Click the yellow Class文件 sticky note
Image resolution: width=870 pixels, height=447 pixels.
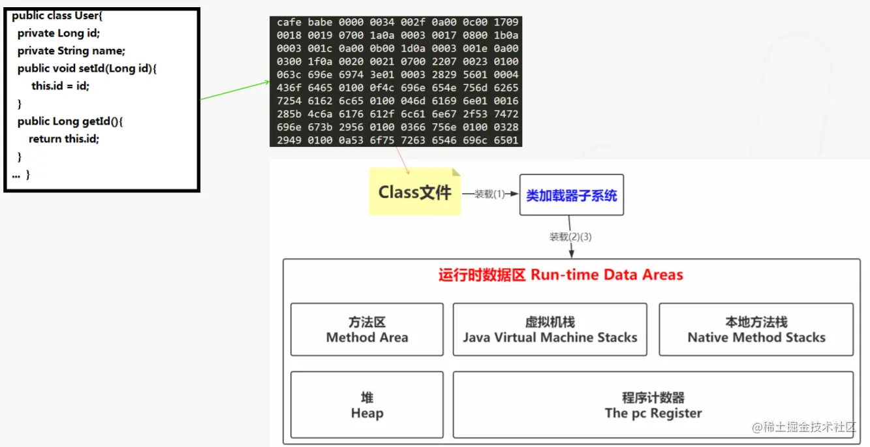[x=414, y=192]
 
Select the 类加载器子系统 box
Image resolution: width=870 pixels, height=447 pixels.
[x=571, y=195]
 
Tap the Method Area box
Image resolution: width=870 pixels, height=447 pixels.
[x=367, y=330]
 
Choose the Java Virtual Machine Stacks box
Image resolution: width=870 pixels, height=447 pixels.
[x=550, y=330]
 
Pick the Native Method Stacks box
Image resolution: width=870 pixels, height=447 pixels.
[x=756, y=330]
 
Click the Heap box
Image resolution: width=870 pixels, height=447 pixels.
[x=367, y=405]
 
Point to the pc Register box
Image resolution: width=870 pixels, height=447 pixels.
[x=653, y=405]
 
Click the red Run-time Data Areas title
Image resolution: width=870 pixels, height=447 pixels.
[x=561, y=275]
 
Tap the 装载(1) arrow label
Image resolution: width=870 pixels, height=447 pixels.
[x=489, y=194]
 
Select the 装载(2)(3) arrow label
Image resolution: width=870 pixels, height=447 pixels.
[x=570, y=237]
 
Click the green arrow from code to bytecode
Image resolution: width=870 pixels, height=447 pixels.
[x=235, y=91]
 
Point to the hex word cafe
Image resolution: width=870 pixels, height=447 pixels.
[x=289, y=22]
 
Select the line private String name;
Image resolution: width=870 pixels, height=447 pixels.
[x=71, y=50]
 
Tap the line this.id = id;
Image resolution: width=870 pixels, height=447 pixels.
[x=60, y=85]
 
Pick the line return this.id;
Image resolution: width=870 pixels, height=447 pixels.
[x=64, y=138]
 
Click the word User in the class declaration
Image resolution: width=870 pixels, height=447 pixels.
[x=87, y=16]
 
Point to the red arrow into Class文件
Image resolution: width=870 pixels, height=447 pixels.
[x=401, y=161]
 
